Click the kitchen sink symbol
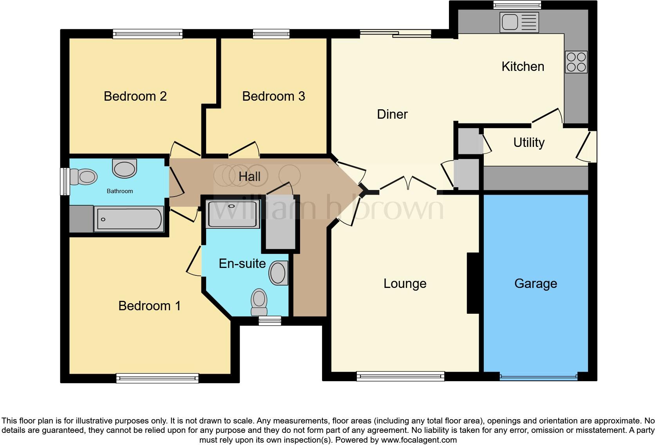(x=519, y=22)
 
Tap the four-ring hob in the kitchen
(x=576, y=62)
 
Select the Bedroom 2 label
(x=135, y=96)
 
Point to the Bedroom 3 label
(x=273, y=96)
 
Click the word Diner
(x=392, y=114)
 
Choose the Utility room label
(x=528, y=143)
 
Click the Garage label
(x=536, y=284)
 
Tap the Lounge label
(x=405, y=284)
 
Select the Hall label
(x=250, y=177)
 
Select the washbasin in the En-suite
(x=279, y=273)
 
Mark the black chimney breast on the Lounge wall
(x=473, y=283)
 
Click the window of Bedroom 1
(x=157, y=378)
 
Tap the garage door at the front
(x=538, y=377)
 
